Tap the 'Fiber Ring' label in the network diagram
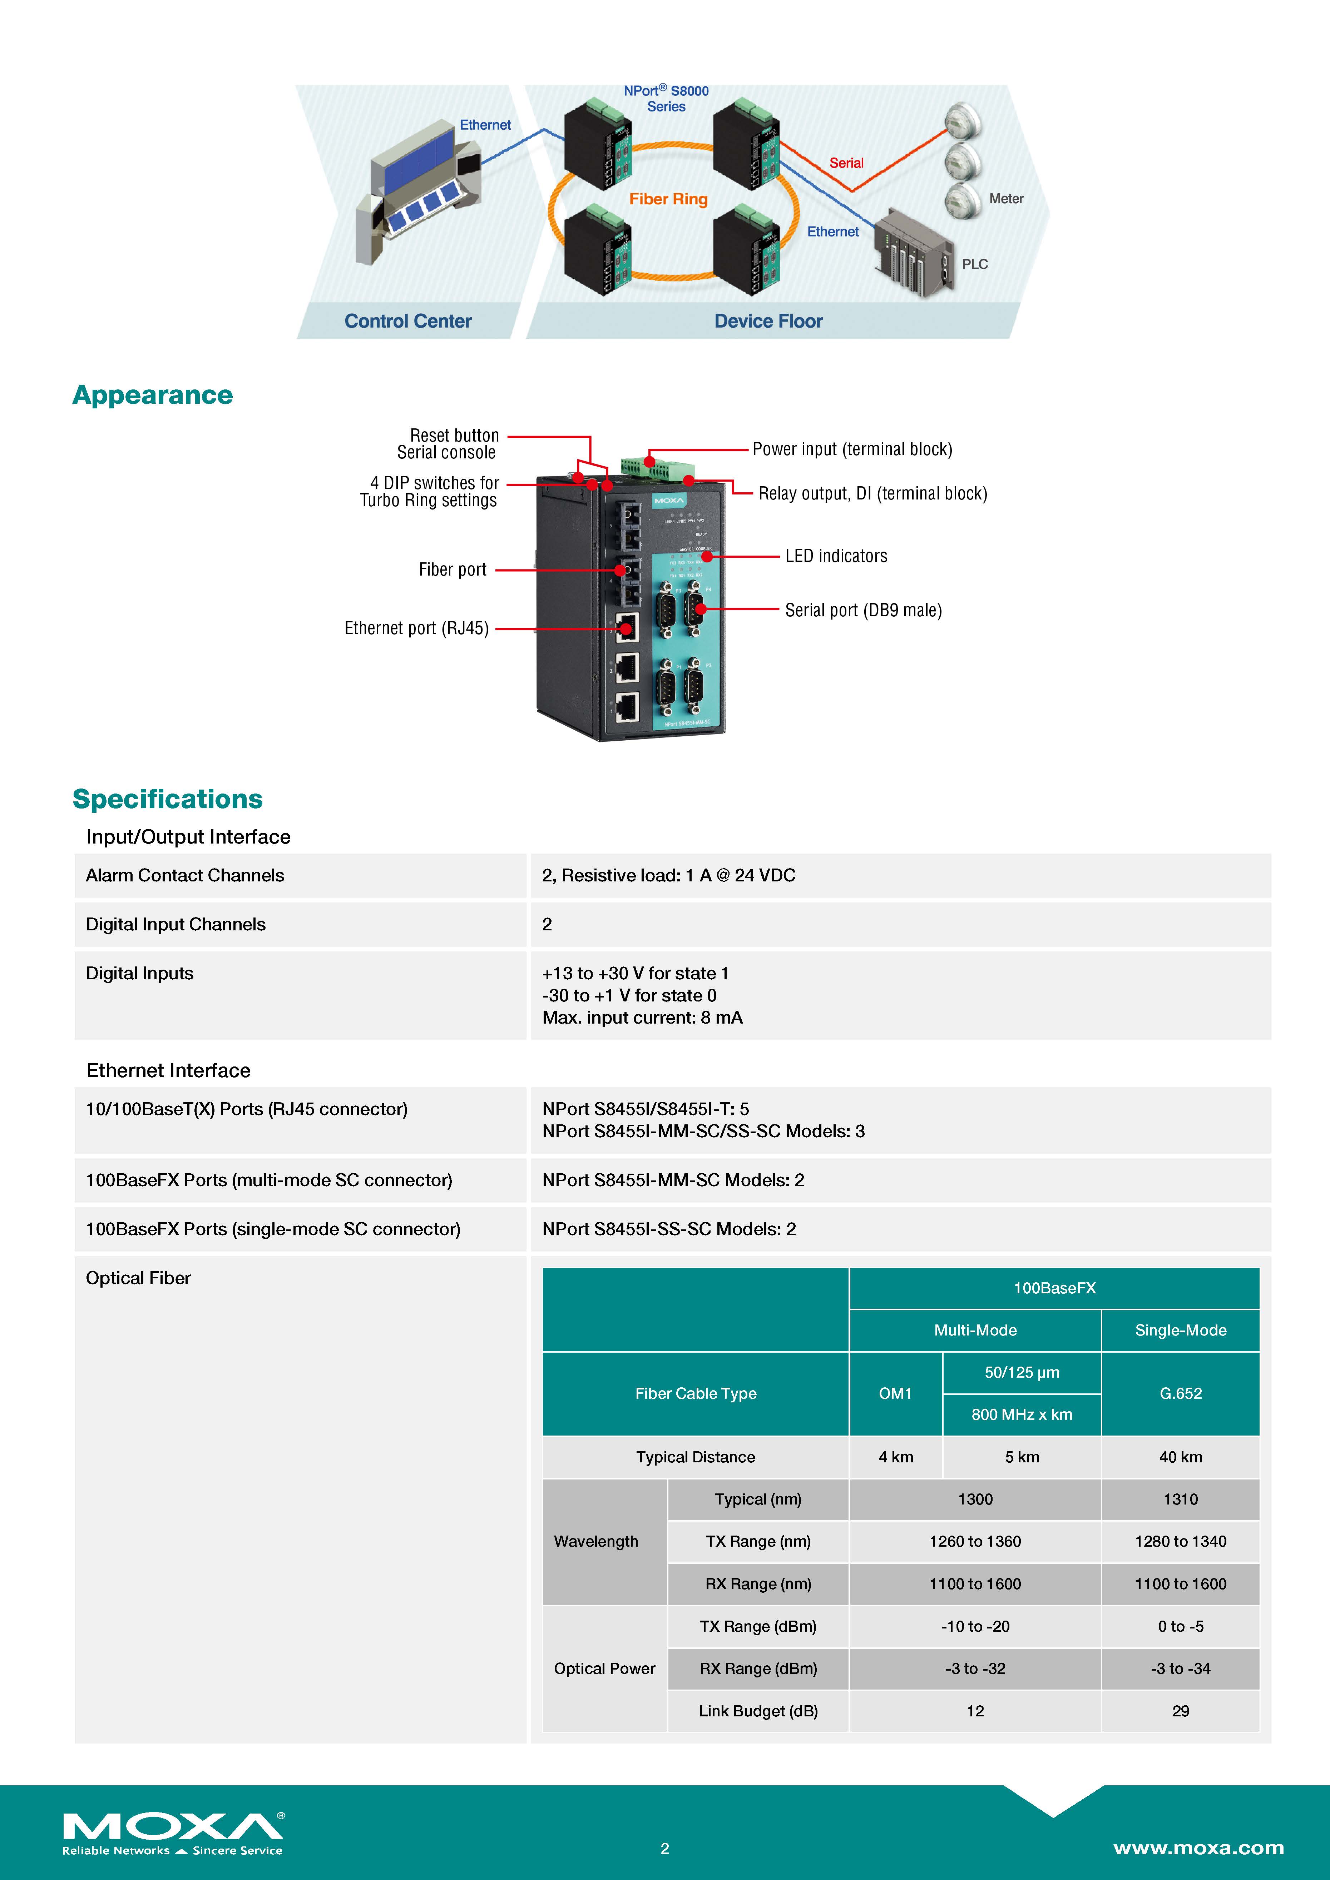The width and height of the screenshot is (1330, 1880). pyautogui.click(x=668, y=199)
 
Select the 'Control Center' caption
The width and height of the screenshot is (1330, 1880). pyautogui.click(x=408, y=321)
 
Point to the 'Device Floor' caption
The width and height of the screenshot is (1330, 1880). pyautogui.click(x=768, y=321)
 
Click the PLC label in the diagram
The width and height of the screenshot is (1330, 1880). pyautogui.click(x=975, y=264)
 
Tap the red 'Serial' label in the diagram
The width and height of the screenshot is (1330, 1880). pyautogui.click(x=846, y=163)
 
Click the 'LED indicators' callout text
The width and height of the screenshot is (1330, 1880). pyautogui.click(x=835, y=556)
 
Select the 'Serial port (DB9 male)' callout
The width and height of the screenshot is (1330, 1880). pyautogui.click(x=863, y=610)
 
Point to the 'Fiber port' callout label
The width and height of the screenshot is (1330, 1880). pyautogui.click(x=452, y=569)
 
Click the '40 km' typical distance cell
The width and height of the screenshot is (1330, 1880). pyautogui.click(x=1180, y=1457)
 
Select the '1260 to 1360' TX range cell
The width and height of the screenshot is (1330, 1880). pyautogui.click(x=975, y=1541)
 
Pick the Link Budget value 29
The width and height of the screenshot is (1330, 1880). pyautogui.click(x=1180, y=1711)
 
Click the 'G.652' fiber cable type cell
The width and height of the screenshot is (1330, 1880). pyautogui.click(x=1180, y=1393)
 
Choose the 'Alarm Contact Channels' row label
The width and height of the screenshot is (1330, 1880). pyautogui.click(x=185, y=875)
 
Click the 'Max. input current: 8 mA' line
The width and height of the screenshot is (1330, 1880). pyautogui.click(x=642, y=1018)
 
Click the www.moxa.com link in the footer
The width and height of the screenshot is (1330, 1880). pyautogui.click(x=1198, y=1848)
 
